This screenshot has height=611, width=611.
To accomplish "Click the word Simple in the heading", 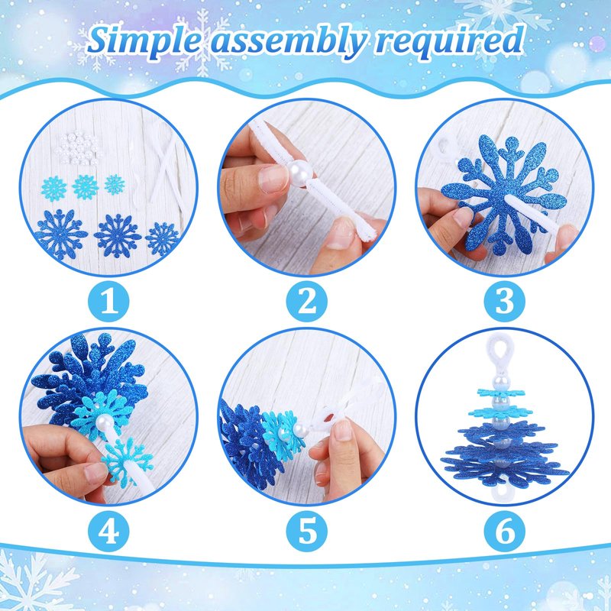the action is point(144,40).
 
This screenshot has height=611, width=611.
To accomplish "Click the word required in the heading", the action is point(449,41).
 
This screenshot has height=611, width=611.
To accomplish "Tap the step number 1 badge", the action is point(108,301).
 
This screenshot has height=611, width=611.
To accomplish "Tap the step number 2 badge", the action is point(307,301).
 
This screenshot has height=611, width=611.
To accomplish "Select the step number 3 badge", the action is point(505,301).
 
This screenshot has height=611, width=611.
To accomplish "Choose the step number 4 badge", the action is point(108,531).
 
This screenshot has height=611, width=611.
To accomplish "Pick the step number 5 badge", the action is point(307,531).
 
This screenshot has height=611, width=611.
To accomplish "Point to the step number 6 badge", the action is point(505,531).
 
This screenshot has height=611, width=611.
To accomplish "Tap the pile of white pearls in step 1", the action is point(78,148).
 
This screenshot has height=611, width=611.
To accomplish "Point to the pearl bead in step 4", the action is point(105,422).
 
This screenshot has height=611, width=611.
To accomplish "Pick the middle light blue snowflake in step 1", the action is point(86,187).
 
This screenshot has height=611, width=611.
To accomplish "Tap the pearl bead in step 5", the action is point(299,431).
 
